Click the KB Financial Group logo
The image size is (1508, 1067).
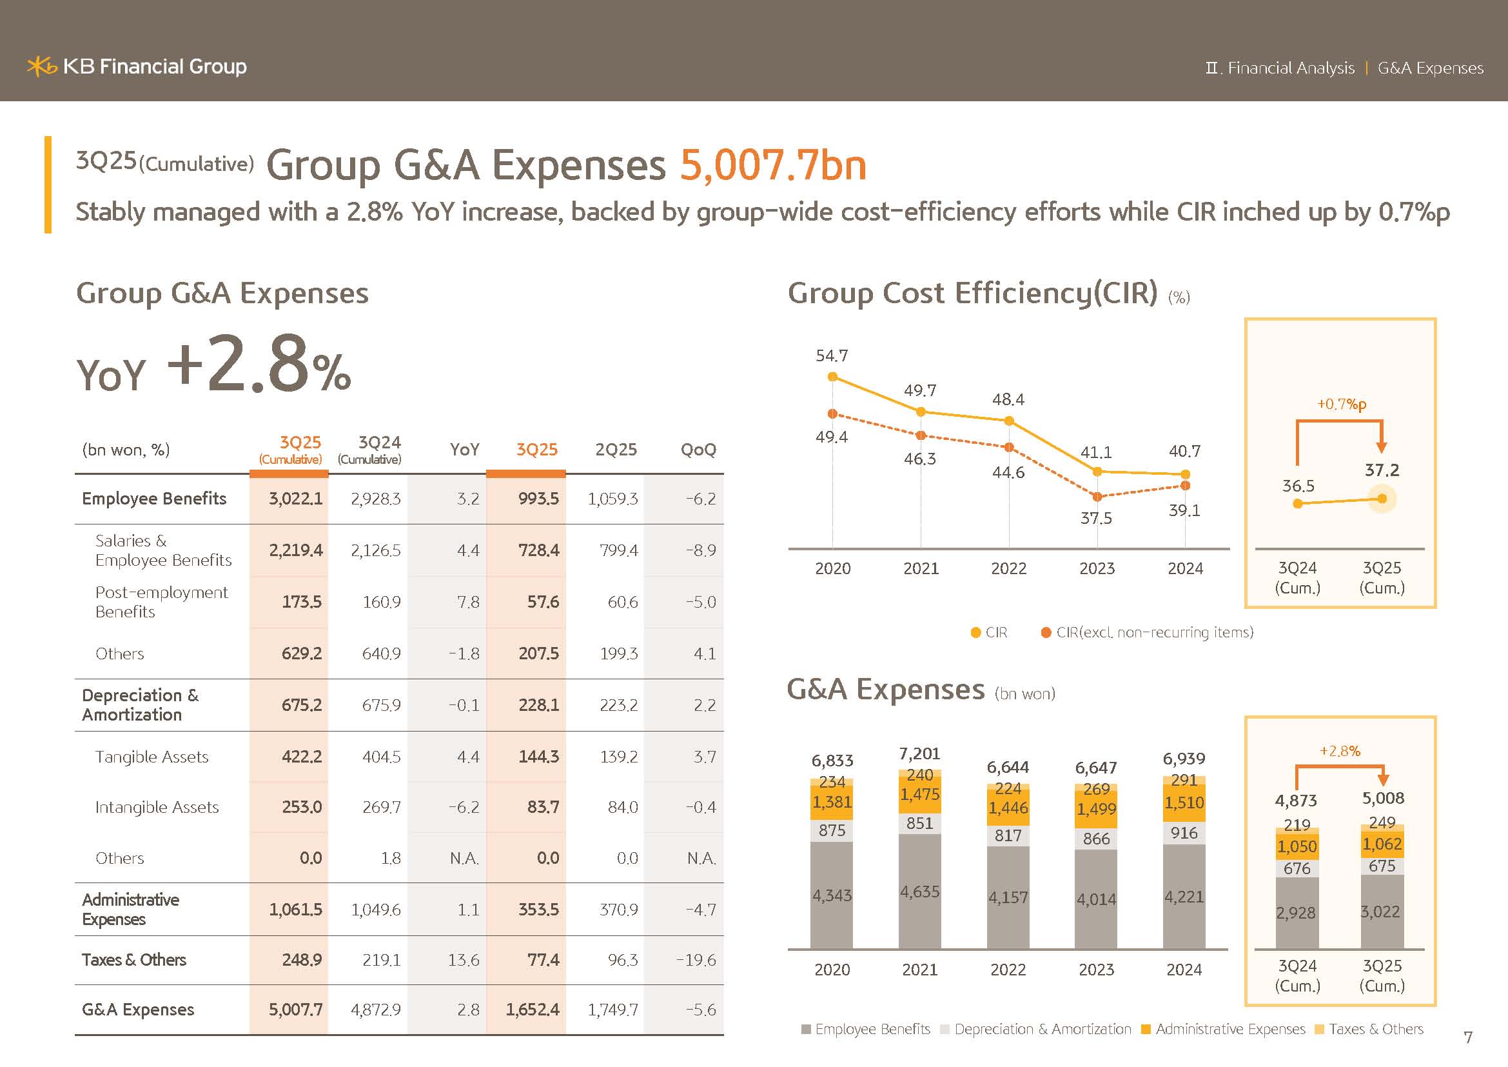tap(137, 66)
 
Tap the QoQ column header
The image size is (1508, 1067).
tap(698, 450)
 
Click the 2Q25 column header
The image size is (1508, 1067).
tap(616, 450)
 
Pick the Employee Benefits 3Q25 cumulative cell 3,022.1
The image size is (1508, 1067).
tap(295, 499)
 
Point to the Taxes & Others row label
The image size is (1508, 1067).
tap(134, 960)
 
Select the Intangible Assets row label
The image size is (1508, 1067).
tap(157, 807)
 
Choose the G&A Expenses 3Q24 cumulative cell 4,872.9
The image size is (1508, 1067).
tap(375, 1009)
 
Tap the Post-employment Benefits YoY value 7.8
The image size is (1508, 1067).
tap(467, 602)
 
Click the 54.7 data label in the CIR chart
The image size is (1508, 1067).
tap(832, 355)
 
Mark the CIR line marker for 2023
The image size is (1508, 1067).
tap(1097, 472)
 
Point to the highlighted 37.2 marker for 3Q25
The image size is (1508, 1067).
tap(1382, 499)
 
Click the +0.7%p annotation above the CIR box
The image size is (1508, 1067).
tap(1341, 404)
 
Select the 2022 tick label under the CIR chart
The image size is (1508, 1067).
tap(1008, 568)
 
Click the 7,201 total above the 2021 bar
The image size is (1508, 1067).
tap(919, 753)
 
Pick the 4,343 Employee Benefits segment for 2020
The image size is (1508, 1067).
tap(832, 895)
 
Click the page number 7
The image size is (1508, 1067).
tap(1468, 1037)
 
